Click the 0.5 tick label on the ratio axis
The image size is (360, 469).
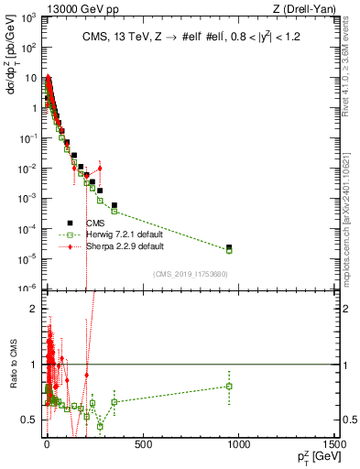(31, 420)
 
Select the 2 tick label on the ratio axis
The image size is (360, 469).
(35, 309)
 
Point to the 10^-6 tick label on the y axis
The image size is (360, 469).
(28, 287)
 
